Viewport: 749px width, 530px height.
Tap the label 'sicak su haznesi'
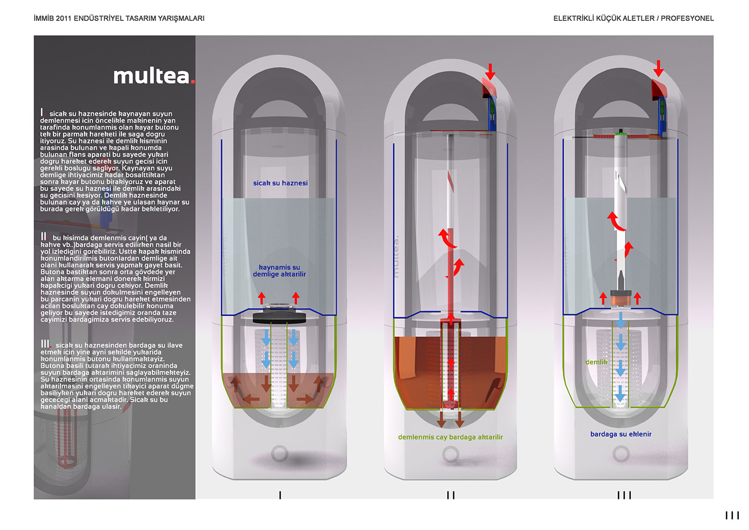pos(280,183)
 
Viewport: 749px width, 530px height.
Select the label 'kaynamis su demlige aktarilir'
pos(279,271)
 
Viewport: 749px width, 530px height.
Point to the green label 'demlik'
pos(596,362)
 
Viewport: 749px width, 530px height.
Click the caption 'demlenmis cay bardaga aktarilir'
pos(450,437)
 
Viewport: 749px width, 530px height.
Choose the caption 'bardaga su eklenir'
pos(621,434)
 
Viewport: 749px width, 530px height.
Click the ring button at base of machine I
pos(279,453)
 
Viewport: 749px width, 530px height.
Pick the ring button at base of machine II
pos(450,455)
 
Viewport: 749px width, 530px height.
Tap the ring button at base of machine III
pos(621,454)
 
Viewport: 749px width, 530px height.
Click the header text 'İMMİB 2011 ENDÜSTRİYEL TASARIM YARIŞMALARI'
pos(119,18)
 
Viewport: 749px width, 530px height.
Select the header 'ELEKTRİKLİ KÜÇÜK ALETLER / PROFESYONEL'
pos(633,18)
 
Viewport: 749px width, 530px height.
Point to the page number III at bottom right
pos(731,515)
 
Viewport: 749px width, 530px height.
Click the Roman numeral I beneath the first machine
pos(280,495)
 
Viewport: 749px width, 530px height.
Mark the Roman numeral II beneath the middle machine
pos(450,495)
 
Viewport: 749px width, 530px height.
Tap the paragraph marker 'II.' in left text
pos(44,237)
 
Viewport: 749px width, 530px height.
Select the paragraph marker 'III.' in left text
pos(46,344)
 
